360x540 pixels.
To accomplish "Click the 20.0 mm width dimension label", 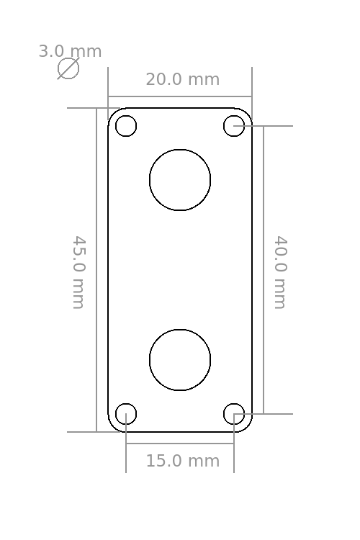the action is point(183,79).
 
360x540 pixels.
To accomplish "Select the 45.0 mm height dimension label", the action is point(78,272).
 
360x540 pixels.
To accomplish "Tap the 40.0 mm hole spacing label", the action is point(280,272).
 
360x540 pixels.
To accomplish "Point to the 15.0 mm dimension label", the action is point(183,461).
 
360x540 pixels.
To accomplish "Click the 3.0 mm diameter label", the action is point(70,51).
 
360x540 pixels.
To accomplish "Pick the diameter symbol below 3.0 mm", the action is point(68,68).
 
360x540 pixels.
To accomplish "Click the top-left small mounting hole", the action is point(126,116).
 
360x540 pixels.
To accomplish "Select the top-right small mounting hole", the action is point(234,116).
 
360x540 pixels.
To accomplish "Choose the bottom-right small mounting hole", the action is point(234,403).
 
